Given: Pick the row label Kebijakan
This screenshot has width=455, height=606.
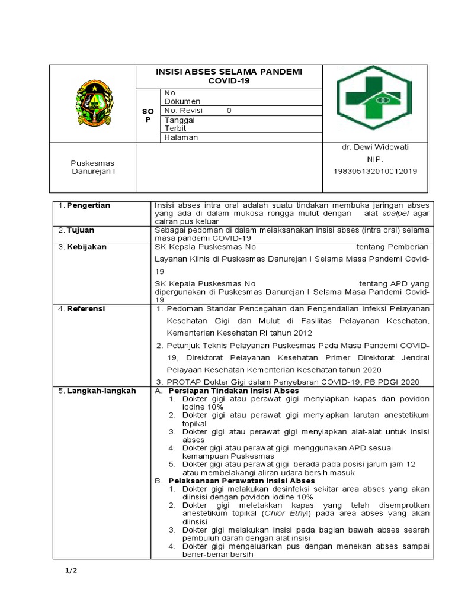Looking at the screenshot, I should [86, 247].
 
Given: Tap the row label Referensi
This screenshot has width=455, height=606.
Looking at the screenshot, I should [86, 308].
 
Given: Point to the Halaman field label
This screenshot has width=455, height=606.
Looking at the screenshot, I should [181, 137].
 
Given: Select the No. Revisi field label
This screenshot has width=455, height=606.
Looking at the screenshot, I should [184, 111].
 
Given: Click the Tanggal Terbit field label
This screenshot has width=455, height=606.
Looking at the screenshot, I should [180, 123].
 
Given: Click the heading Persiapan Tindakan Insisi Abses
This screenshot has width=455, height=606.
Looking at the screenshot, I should [233, 391].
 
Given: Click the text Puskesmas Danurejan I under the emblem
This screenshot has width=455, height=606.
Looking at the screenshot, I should [92, 167].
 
